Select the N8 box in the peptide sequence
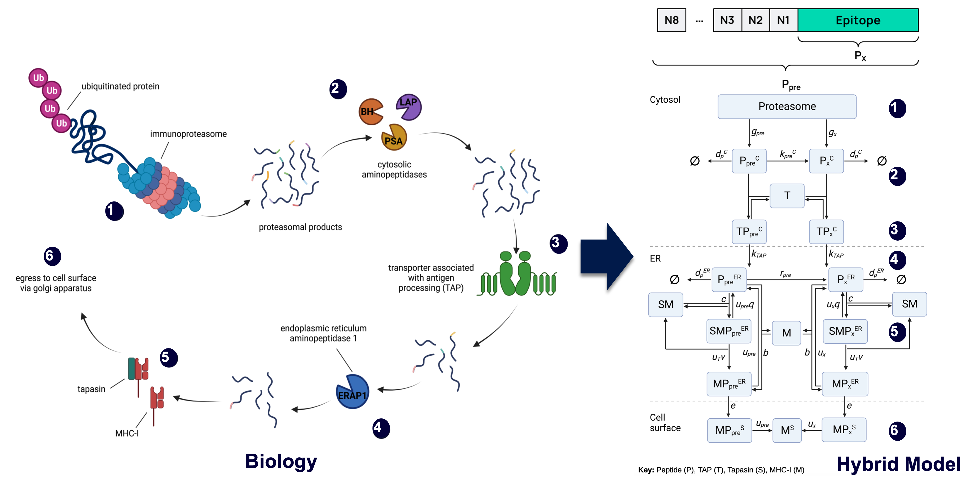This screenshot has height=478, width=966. pos(671,20)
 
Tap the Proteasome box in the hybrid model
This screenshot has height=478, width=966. pos(787,107)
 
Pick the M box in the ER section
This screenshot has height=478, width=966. pos(786,333)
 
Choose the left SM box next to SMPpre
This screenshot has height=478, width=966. pos(666,304)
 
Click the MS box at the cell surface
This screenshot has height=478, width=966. pos(787,430)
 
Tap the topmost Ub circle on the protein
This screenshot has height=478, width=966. pos(38,78)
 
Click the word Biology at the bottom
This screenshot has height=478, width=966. pos(281,461)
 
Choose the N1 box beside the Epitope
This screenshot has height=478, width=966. pos(783,20)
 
